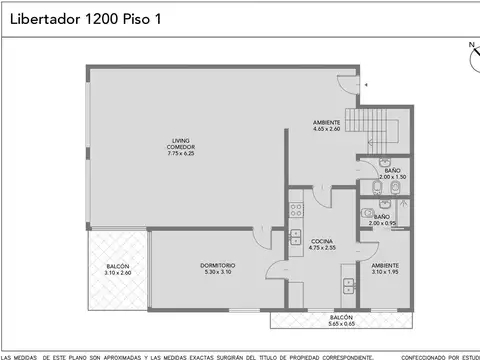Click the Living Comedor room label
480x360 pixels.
coord(181,145)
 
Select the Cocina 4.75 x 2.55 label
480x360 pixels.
coord(321,244)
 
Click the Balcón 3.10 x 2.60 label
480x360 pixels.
coord(117,268)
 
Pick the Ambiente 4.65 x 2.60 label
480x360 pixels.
coord(327,125)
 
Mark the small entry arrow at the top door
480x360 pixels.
coord(365,86)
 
